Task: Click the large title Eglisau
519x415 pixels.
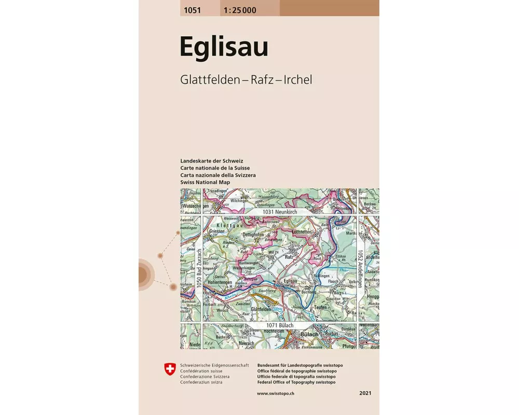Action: [224, 47]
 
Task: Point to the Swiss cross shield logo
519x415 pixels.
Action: [170, 369]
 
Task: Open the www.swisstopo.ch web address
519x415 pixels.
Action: [276, 394]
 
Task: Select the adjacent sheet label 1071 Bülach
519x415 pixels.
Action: [279, 325]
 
